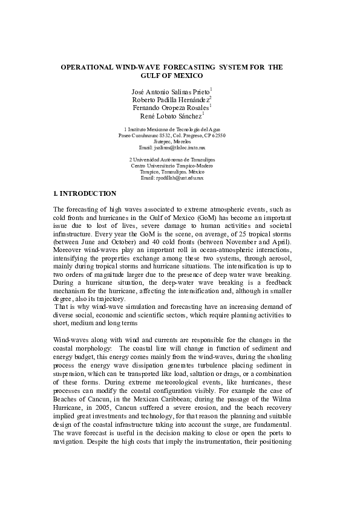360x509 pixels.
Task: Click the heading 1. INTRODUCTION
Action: click(x=85, y=194)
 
